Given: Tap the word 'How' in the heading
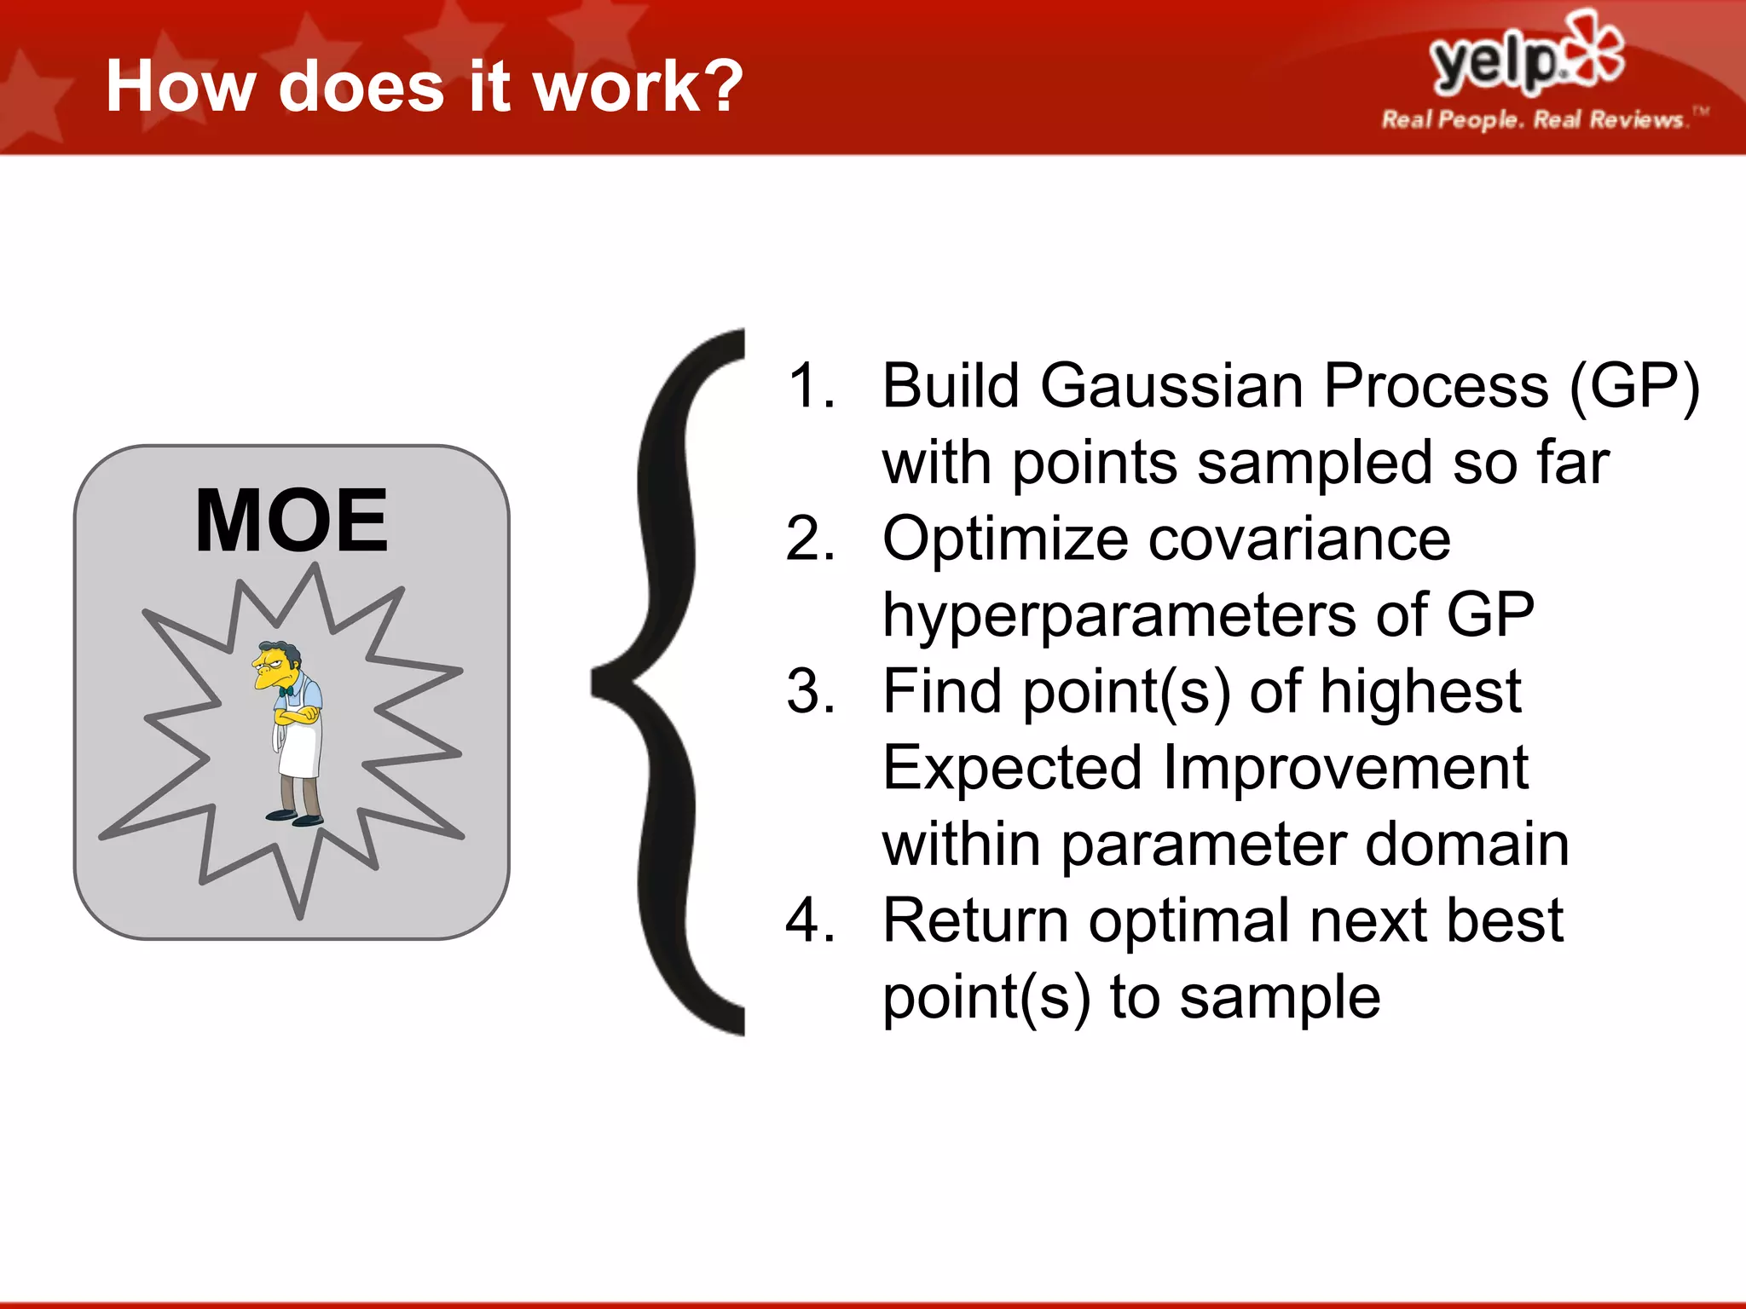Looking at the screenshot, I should click(180, 86).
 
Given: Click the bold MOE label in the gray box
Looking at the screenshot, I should click(292, 521).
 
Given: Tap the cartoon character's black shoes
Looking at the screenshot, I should click(294, 818).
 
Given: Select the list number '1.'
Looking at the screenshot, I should click(811, 386).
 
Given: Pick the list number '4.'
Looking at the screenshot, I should click(811, 920).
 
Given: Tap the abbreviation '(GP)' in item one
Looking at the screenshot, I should click(1634, 386).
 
